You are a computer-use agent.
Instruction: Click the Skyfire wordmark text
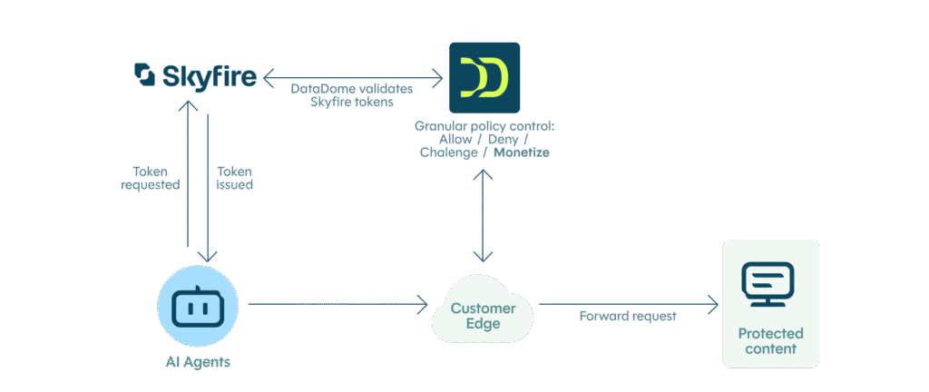(208, 76)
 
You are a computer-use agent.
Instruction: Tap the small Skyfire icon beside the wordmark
(144, 74)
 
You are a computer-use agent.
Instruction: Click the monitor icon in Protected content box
(768, 284)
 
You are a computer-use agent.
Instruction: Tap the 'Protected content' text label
(770, 340)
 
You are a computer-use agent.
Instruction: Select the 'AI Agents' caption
(198, 362)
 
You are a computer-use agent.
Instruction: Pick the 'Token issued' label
(235, 177)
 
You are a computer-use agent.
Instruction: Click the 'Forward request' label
(628, 316)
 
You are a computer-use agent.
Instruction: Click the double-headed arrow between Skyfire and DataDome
(353, 78)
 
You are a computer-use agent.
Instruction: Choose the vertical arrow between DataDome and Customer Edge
(483, 217)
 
